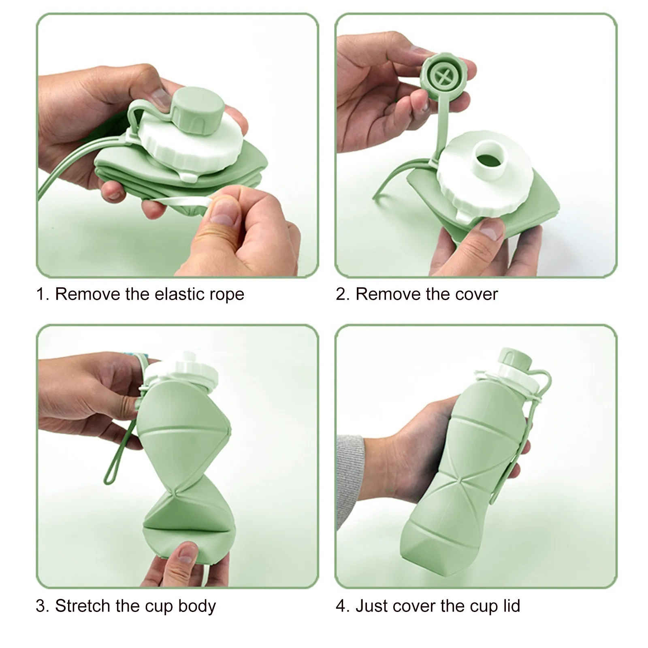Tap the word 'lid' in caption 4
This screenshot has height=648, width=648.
pyautogui.click(x=511, y=606)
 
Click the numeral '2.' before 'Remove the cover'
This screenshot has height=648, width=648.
pyautogui.click(x=343, y=294)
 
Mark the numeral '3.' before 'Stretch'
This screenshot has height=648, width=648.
pyautogui.click(x=43, y=606)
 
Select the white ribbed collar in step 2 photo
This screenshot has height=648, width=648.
pyautogui.click(x=484, y=175)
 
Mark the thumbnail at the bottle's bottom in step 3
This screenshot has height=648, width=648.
pyautogui.click(x=186, y=552)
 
